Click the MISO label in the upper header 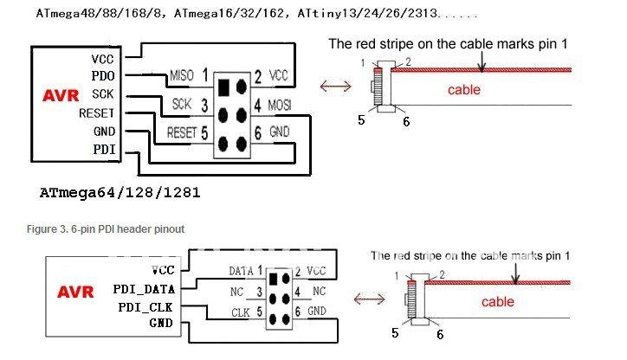182,75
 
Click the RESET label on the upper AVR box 96,113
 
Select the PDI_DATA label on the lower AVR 144,288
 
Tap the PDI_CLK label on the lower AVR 146,307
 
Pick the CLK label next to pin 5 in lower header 242,310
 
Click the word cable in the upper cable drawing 464,89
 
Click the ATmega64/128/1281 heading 120,192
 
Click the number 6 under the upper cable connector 405,121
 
